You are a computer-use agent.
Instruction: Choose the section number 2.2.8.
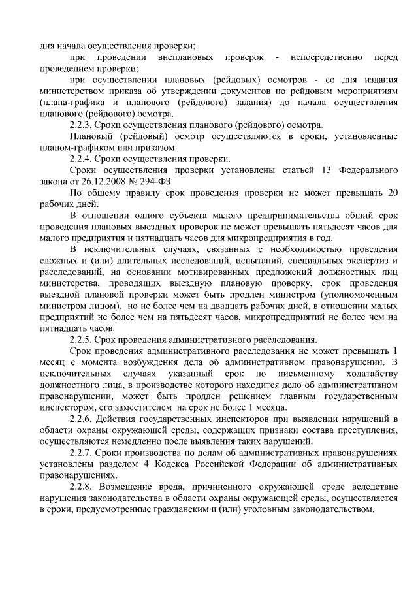point(82,487)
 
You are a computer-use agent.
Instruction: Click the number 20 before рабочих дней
point(391,193)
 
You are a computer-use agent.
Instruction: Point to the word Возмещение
point(133,487)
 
